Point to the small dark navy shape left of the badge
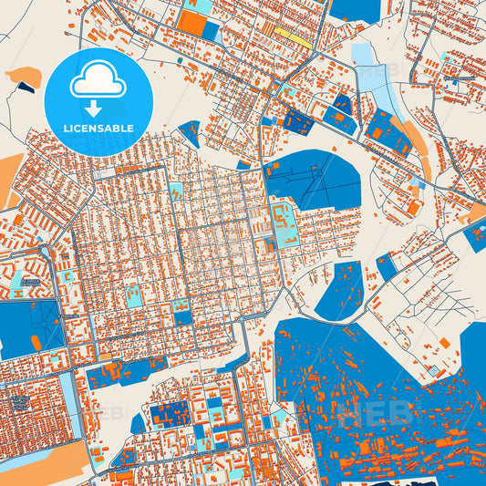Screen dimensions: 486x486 [x=26, y=88]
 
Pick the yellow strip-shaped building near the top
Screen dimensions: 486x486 [x=290, y=36]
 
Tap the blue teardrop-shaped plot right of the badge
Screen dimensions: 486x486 [x=191, y=131]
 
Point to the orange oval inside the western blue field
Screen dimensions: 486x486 [x=36, y=343]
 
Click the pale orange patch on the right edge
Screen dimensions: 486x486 [x=477, y=213]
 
